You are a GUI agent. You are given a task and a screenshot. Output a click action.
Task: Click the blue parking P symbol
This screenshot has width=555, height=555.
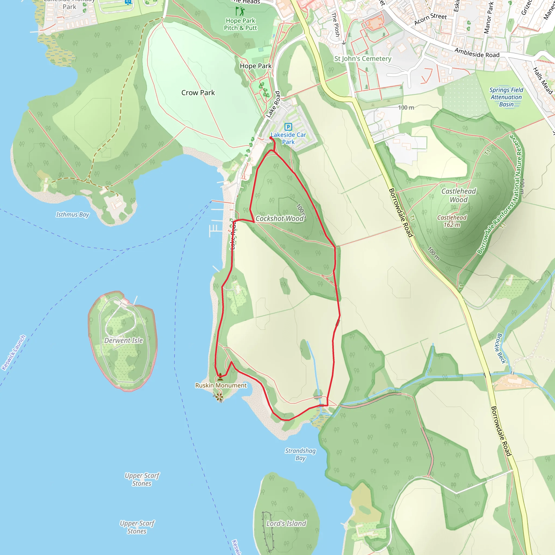click(288, 127)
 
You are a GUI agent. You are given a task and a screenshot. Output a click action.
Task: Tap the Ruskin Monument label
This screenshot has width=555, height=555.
click(221, 386)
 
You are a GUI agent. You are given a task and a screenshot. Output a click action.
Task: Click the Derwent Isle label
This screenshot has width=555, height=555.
click(124, 340)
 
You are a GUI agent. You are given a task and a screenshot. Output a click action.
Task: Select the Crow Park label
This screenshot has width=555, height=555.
click(198, 93)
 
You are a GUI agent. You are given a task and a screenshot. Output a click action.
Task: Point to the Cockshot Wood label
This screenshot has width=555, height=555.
click(279, 219)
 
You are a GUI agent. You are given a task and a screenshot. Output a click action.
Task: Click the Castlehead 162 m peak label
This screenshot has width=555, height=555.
click(451, 221)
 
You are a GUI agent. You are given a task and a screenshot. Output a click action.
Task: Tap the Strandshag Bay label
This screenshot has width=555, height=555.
click(300, 454)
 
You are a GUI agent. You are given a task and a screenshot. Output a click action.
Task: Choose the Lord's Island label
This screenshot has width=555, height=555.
click(286, 523)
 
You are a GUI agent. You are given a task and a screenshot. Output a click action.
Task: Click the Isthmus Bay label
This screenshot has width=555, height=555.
click(72, 215)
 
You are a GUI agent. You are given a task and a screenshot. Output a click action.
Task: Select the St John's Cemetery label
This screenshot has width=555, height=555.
click(363, 59)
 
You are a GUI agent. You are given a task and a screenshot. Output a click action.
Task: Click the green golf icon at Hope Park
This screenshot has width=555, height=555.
click(240, 11)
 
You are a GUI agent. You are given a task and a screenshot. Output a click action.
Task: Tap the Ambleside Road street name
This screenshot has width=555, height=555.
click(477, 53)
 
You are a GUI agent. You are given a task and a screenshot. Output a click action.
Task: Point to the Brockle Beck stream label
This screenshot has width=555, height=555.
click(501, 348)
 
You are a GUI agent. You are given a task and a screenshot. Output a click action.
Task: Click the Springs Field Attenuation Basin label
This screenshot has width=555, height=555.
click(506, 97)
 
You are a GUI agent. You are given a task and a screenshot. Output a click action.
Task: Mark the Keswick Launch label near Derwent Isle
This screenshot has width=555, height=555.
click(14, 353)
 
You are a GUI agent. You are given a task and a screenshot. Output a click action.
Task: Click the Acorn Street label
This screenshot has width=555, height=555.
click(430, 19)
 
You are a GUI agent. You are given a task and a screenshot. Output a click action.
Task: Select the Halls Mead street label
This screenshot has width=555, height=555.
click(542, 81)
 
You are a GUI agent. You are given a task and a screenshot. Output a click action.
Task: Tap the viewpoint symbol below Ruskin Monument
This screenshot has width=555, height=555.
click(219, 397)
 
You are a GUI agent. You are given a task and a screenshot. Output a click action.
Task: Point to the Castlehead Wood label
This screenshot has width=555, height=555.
click(459, 195)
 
